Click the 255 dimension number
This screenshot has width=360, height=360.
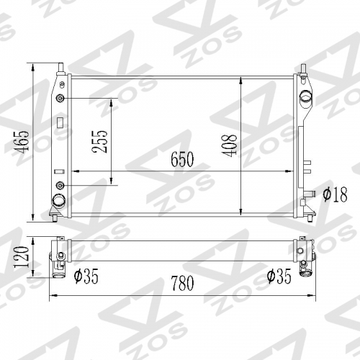click(x=100, y=143)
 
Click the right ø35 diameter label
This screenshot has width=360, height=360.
click(x=278, y=274)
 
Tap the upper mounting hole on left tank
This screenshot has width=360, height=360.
click(x=60, y=98)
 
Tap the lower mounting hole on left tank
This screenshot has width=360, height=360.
click(x=60, y=186)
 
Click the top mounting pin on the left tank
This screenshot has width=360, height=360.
click(x=60, y=71)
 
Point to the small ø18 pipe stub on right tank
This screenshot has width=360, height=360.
click(x=311, y=193)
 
